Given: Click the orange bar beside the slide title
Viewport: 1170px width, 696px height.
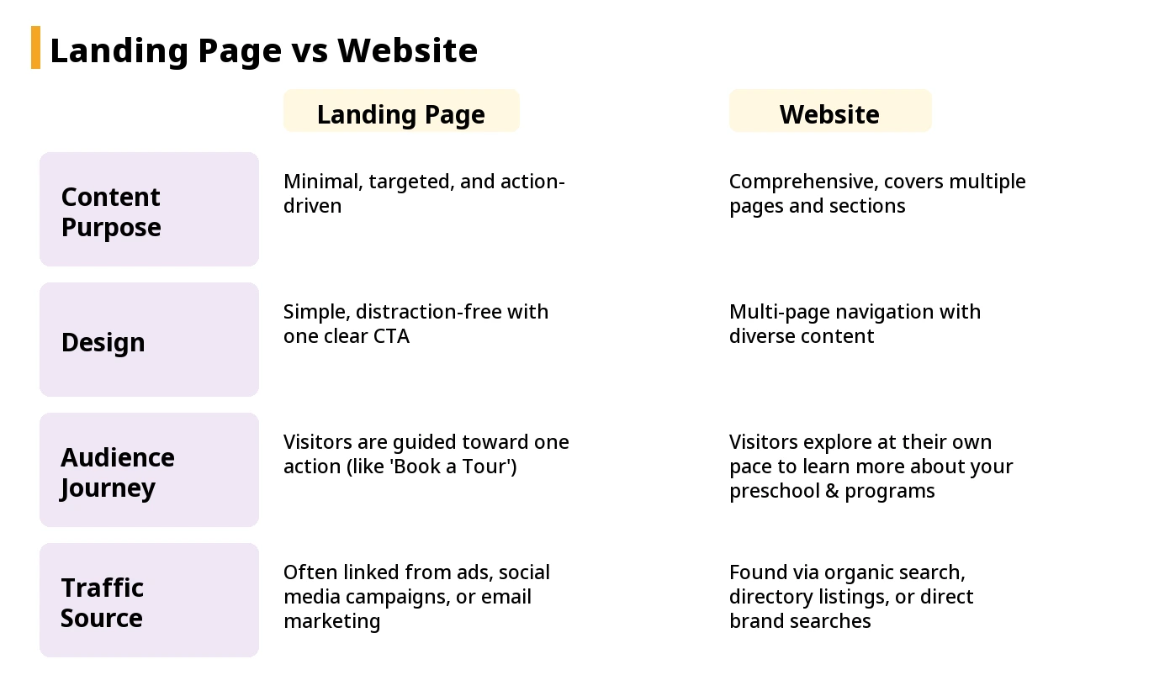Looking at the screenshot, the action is pyautogui.click(x=35, y=48).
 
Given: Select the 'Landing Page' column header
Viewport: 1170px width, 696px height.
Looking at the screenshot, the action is pyautogui.click(x=401, y=113).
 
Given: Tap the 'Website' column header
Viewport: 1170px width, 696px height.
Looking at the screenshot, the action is pyautogui.click(x=829, y=113).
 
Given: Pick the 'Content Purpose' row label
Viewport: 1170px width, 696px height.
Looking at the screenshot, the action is pyautogui.click(x=111, y=211).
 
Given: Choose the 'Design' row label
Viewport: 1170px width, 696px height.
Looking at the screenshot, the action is pyautogui.click(x=103, y=342).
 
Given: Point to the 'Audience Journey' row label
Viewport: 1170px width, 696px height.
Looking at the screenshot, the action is pyautogui.click(x=118, y=472).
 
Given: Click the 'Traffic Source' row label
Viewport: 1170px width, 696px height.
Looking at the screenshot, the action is pyautogui.click(x=103, y=602).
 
